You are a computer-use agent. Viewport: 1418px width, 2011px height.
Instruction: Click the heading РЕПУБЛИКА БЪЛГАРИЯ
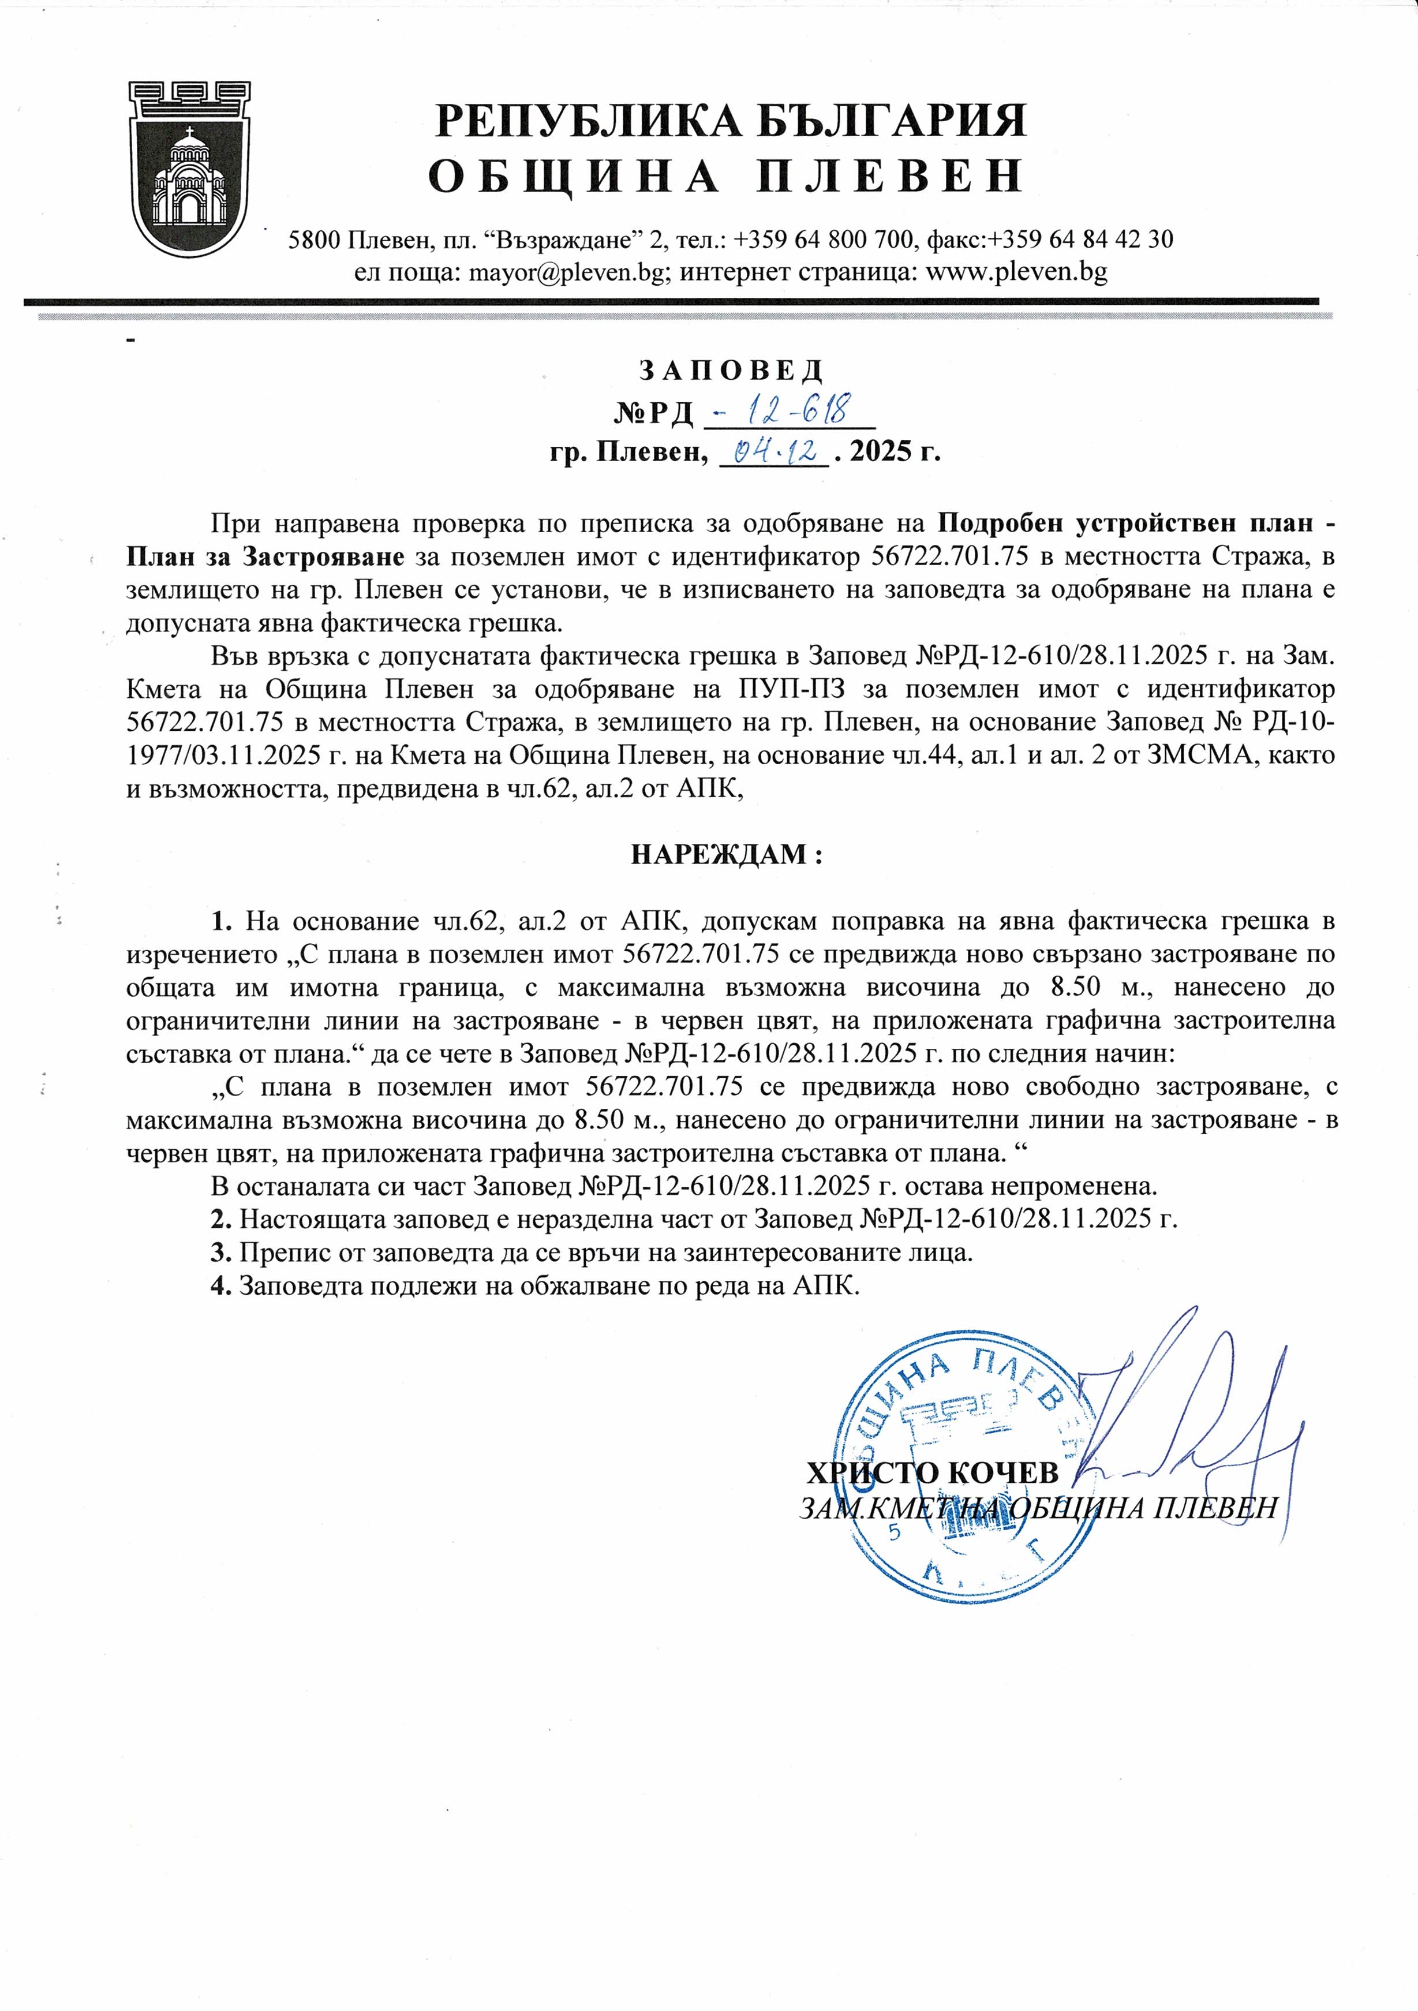[731, 121]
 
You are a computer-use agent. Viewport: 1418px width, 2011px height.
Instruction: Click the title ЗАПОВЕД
[731, 371]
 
